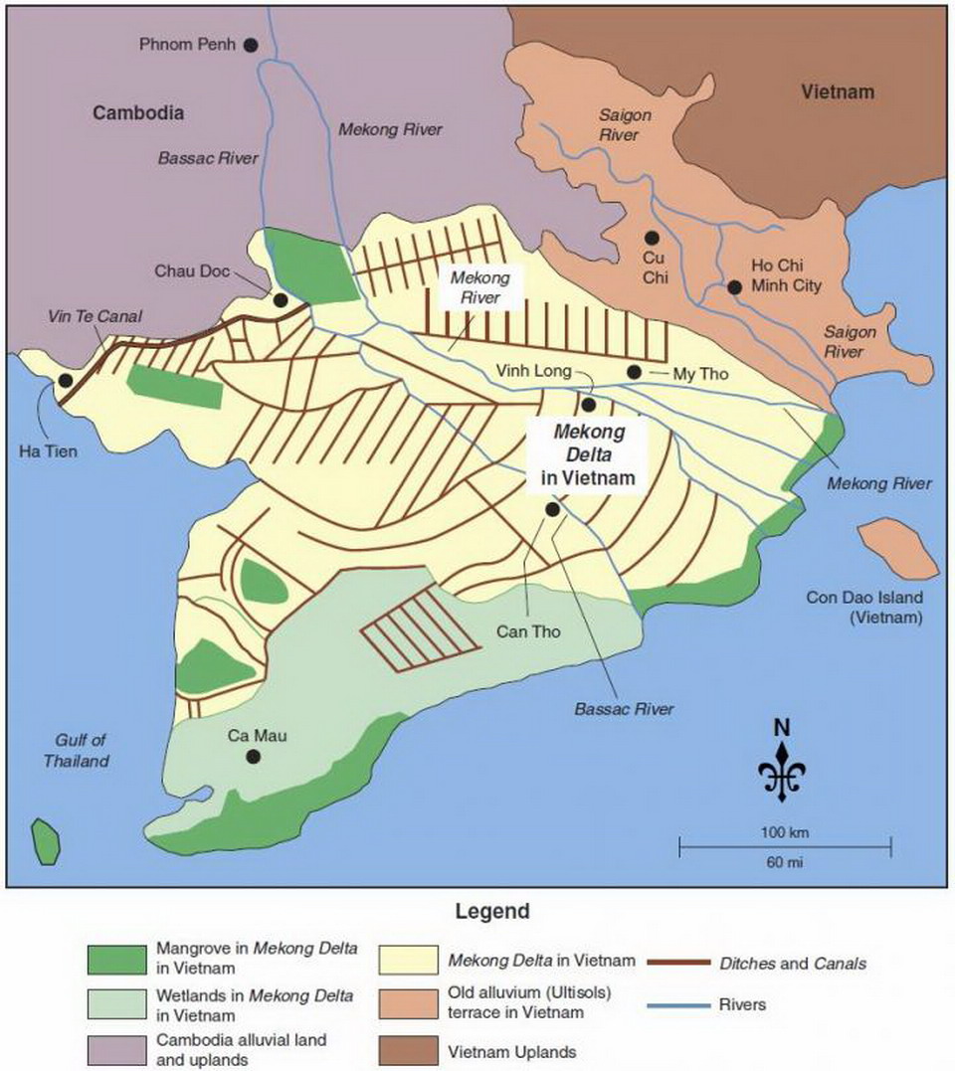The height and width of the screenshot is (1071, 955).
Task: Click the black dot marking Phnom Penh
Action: pyautogui.click(x=251, y=44)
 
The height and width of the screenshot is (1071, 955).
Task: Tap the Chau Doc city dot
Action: pyautogui.click(x=281, y=299)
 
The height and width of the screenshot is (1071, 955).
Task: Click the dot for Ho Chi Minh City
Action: pyautogui.click(x=734, y=286)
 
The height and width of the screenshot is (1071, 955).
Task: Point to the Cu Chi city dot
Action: pyautogui.click(x=652, y=238)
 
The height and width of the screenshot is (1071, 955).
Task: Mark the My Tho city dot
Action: pyautogui.click(x=634, y=372)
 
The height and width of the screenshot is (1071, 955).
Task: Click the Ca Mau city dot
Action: pyautogui.click(x=254, y=756)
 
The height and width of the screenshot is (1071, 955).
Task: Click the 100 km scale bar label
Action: pyautogui.click(x=782, y=830)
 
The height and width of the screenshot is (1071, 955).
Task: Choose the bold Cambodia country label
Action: pyautogui.click(x=139, y=113)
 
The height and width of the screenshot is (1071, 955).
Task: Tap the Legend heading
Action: pyautogui.click(x=492, y=911)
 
